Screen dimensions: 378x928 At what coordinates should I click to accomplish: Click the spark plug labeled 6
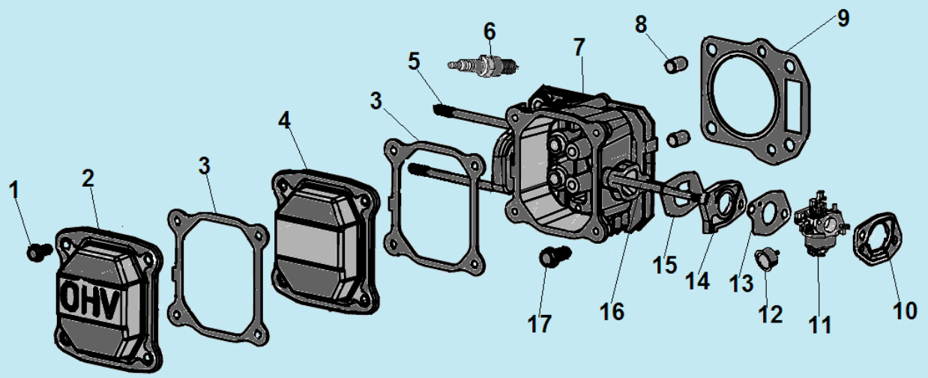click(x=485, y=65)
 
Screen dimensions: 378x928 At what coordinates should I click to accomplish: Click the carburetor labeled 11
click(x=820, y=221)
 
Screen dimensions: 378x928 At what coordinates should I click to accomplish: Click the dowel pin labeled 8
click(x=673, y=64)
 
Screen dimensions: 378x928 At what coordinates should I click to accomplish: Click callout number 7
click(x=579, y=46)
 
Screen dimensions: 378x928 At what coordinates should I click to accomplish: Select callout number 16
click(x=612, y=310)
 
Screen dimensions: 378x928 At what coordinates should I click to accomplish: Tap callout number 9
click(x=843, y=18)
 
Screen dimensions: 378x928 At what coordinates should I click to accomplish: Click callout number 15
click(x=664, y=265)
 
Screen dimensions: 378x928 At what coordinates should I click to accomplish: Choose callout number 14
click(x=696, y=281)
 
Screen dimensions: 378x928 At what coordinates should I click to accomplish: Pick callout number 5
click(x=415, y=61)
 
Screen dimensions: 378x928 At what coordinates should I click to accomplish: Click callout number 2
click(x=88, y=178)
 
